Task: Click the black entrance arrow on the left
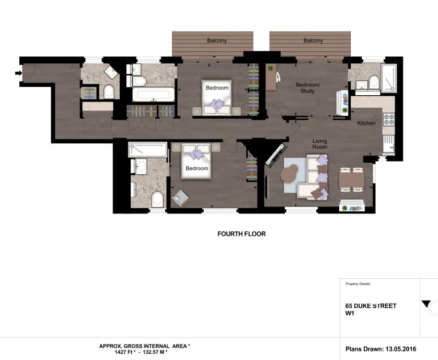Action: click(18, 73)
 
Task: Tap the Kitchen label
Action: click(366, 123)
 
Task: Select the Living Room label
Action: click(320, 144)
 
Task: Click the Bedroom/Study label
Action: click(307, 88)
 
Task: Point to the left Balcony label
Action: click(217, 41)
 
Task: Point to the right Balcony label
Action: click(313, 41)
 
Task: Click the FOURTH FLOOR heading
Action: click(241, 234)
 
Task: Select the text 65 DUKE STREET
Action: click(371, 306)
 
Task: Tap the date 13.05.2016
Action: click(401, 349)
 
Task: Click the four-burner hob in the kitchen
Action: click(388, 119)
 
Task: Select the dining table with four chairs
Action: click(352, 179)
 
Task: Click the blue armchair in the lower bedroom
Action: click(180, 198)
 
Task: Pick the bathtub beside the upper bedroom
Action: click(153, 95)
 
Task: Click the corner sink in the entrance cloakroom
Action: click(111, 72)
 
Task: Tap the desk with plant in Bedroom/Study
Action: click(271, 77)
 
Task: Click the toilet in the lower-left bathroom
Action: click(157, 199)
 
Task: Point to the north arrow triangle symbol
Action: click(425, 304)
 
